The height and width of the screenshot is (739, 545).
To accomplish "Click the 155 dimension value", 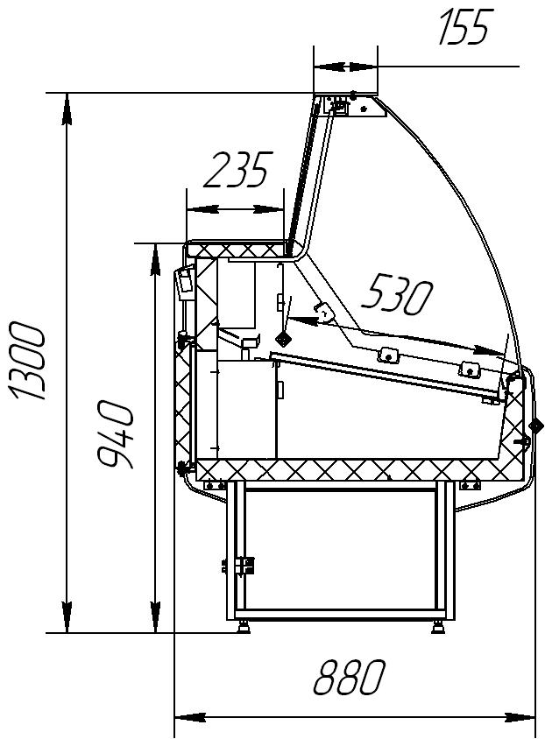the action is [464, 27].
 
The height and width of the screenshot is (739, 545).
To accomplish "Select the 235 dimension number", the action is [238, 169].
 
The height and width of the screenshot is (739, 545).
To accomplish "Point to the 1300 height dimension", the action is [28, 361].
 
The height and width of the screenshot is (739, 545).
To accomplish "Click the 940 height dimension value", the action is [115, 433].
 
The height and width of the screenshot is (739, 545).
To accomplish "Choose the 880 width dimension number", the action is [350, 677].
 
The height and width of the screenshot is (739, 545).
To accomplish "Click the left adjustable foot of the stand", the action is [244, 627].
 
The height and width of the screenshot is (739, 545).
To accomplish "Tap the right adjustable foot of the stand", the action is [438, 627].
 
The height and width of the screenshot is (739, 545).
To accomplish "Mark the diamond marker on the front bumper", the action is [536, 426].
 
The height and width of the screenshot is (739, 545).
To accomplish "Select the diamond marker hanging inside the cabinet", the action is [284, 339].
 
